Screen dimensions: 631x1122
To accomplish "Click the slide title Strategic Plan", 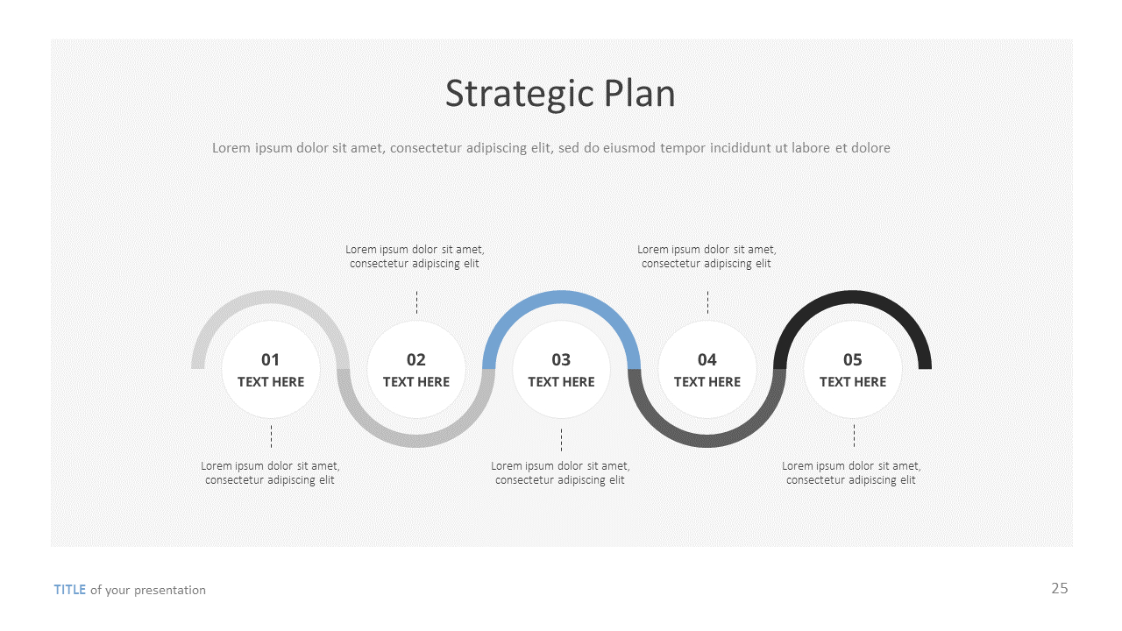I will point(560,94).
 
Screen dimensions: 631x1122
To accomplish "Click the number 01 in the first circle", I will point(270,359).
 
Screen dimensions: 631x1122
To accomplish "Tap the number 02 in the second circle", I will point(415,359).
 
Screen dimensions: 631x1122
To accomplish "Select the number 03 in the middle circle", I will point(561,359).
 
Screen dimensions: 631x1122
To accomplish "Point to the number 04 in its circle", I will point(707,359).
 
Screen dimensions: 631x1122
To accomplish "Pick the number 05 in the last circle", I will point(852,359).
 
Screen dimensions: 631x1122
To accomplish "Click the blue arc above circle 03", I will point(561,298).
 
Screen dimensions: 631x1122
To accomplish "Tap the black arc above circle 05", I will point(852,298).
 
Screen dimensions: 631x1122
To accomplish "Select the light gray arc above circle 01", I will point(270,298).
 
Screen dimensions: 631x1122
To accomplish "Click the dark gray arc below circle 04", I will point(707,440).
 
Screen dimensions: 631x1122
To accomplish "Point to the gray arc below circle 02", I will point(415,440).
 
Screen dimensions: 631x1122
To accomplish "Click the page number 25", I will point(1060,588).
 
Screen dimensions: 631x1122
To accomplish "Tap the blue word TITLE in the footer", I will point(70,590).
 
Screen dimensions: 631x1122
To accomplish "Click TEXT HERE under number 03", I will point(561,382).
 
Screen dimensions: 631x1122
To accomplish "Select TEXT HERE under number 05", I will point(852,382).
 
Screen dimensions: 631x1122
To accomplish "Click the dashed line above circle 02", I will point(416,302).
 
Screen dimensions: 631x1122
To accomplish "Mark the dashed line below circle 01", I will point(271,436).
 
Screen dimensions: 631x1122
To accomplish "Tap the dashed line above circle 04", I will point(707,302).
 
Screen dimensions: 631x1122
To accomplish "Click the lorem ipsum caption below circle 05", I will point(851,473).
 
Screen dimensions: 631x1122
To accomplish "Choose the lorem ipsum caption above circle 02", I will point(415,257).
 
